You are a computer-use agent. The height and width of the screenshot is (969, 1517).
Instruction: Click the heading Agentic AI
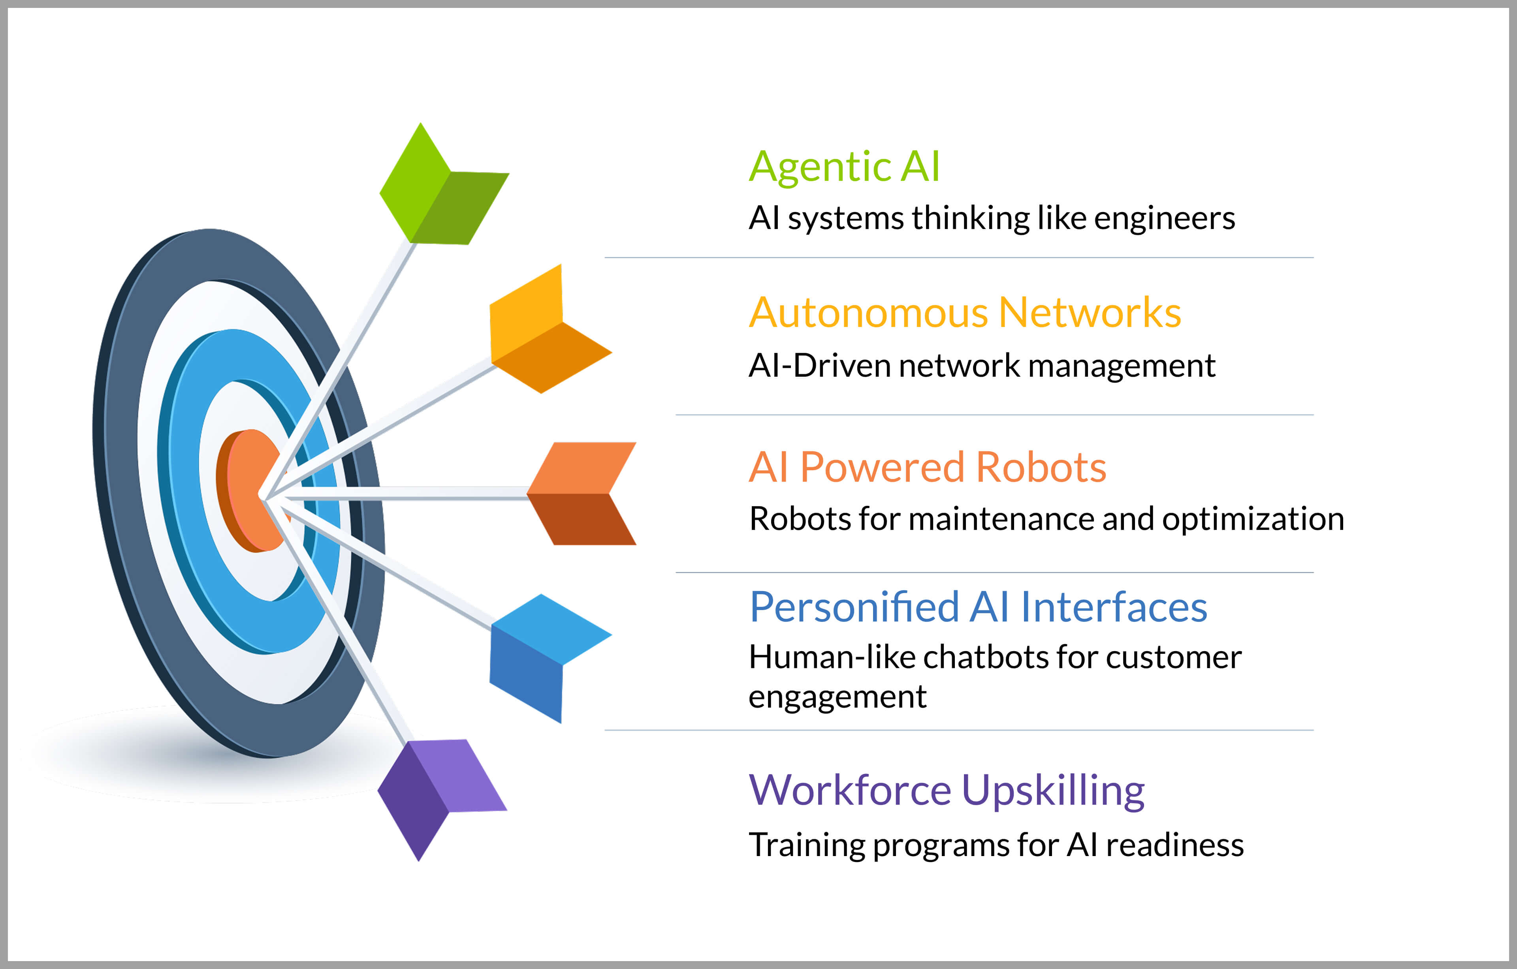(844, 167)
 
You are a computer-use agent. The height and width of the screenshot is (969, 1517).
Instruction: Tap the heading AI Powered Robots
(927, 467)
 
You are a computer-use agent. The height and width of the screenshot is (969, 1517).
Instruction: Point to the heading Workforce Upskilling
(946, 791)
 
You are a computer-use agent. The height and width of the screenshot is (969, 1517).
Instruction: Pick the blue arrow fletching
(550, 658)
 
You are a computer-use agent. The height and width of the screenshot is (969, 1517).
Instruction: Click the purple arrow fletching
(442, 800)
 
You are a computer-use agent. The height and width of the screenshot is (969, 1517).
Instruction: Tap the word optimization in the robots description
(1253, 519)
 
